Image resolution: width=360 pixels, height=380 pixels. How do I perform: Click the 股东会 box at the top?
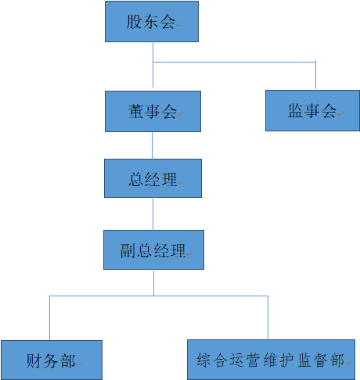point(151,22)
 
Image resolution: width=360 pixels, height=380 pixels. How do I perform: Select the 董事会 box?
point(153,111)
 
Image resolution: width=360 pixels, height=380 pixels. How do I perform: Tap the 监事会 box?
point(311,110)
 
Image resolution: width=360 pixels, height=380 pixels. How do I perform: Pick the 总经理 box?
point(153,179)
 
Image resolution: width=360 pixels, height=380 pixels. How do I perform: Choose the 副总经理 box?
point(153,250)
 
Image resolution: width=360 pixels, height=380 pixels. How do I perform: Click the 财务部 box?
point(52,360)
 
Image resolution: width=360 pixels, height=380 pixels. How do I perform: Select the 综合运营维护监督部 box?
point(270,360)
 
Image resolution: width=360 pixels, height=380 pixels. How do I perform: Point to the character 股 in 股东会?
point(134,22)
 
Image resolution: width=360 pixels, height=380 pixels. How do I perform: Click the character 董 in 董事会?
point(135,112)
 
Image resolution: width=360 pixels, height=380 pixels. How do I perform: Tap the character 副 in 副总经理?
point(128,251)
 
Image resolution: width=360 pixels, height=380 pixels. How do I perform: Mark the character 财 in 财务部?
point(34,361)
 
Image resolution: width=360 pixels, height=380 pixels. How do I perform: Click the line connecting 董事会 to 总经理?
point(153,145)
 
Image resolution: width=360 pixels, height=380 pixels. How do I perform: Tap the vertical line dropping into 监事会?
point(315,76)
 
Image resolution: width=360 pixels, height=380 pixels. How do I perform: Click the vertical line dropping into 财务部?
point(51,318)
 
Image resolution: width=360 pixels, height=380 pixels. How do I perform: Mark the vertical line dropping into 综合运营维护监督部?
point(268,318)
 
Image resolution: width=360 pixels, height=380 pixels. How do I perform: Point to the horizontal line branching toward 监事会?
point(235,62)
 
